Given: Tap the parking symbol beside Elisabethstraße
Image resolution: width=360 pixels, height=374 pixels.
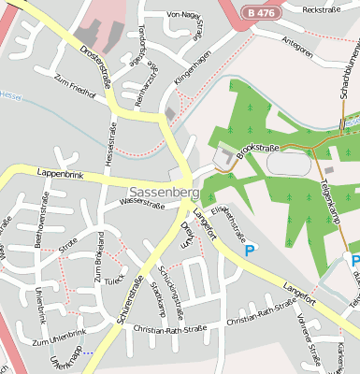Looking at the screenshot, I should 249,250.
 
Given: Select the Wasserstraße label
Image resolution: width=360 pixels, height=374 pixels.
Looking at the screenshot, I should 143,201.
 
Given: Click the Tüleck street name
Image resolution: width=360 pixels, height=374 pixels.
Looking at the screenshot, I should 113,280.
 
